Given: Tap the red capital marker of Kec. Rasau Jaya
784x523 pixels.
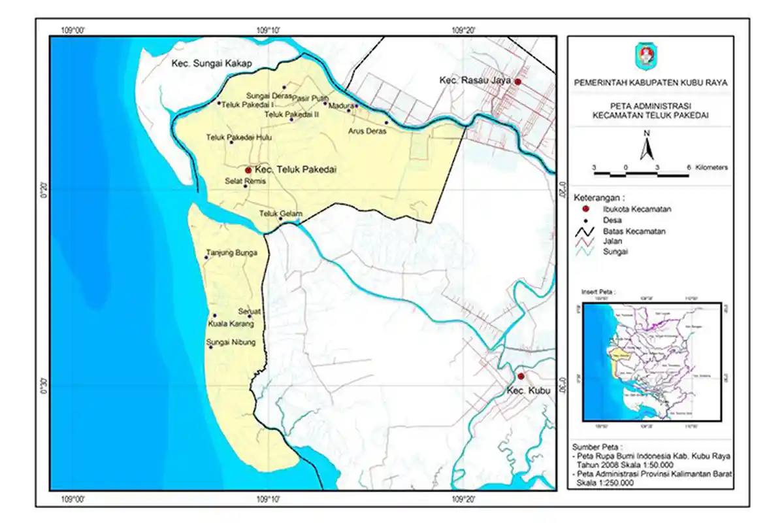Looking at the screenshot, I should click(x=517, y=82).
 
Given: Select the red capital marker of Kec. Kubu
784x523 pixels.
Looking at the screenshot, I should click(x=521, y=376).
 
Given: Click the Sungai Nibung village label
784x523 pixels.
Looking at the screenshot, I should click(x=231, y=342).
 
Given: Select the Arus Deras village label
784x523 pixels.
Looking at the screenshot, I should click(x=367, y=131).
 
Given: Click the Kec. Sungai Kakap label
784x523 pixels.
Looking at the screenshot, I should click(x=212, y=64).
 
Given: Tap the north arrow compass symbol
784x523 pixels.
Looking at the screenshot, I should click(x=647, y=146).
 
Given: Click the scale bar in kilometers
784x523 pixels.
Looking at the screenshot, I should click(x=642, y=174).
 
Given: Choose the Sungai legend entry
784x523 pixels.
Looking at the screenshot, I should click(x=616, y=251).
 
